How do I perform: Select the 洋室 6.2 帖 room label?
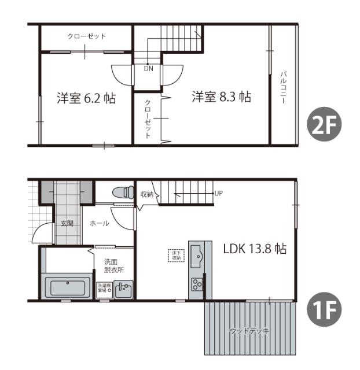coord(86,98)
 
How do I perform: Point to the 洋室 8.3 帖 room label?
coord(222,97)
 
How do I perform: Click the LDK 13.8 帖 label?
coord(255,249)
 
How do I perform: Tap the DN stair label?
coord(148,68)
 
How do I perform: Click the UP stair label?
coord(218,193)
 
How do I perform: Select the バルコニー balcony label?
coord(284,87)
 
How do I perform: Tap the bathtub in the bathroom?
coord(67,287)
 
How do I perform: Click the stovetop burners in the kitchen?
coord(197,284)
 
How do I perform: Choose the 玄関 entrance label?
coord(67,223)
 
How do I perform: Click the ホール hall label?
coord(100,223)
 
